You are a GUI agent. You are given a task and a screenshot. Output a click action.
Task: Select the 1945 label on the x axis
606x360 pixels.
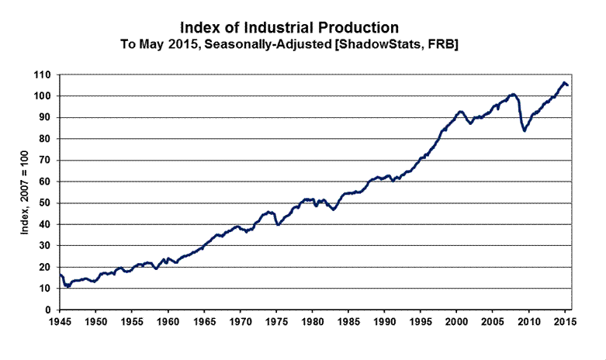[60, 320]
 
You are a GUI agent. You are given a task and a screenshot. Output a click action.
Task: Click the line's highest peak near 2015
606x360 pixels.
[564, 82]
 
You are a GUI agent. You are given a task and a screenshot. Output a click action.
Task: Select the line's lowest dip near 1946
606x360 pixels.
[68, 286]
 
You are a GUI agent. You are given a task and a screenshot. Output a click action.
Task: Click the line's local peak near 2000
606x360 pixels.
[460, 112]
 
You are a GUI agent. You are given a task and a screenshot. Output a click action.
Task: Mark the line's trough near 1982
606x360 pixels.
[334, 209]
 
